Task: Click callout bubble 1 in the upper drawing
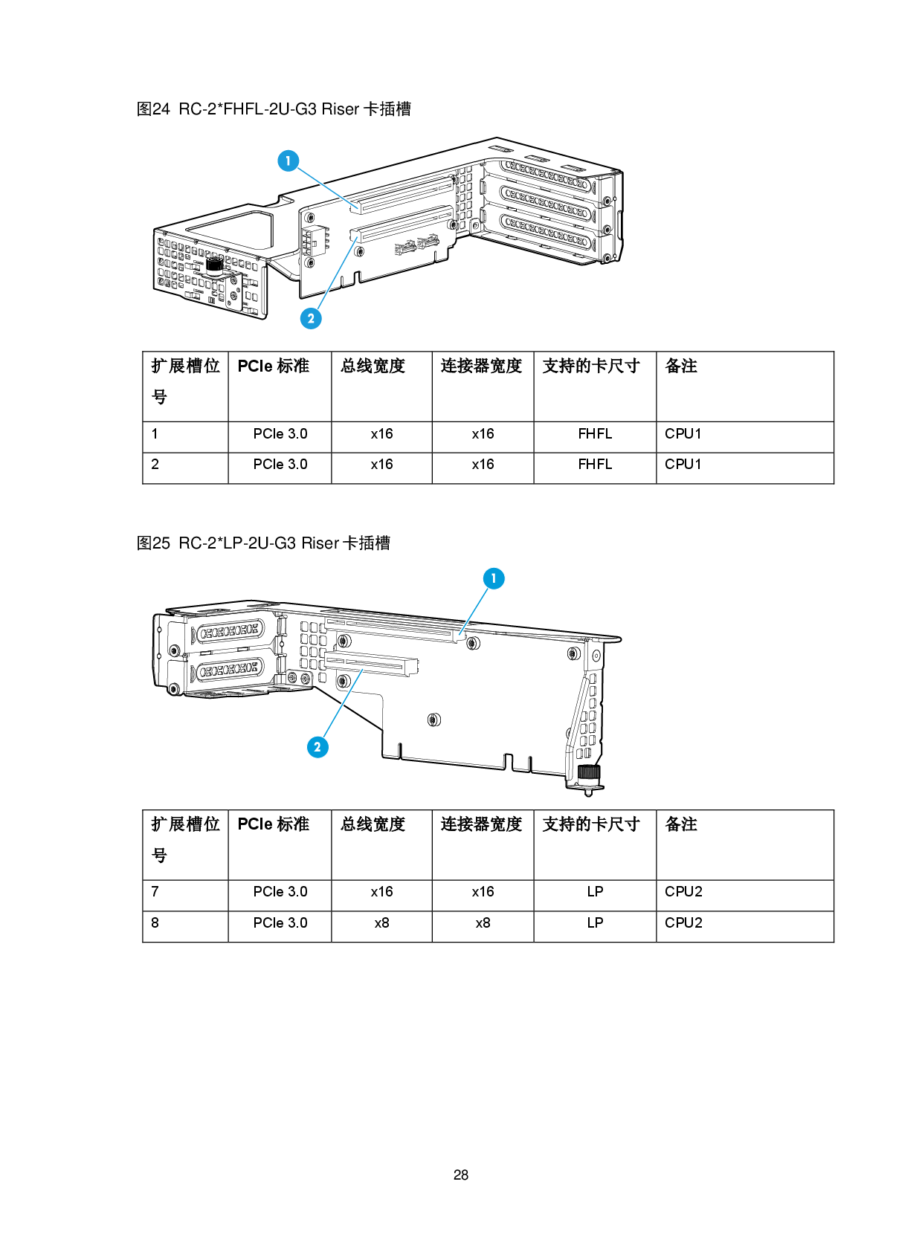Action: [x=288, y=161]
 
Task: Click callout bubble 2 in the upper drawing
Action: [x=311, y=318]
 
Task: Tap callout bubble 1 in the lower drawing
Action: [x=493, y=578]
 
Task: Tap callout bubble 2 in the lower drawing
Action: [x=317, y=746]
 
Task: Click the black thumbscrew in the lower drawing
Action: [x=588, y=773]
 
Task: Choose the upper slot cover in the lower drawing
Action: [x=228, y=633]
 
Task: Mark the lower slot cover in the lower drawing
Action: [x=228, y=671]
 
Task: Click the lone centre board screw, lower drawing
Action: [x=434, y=719]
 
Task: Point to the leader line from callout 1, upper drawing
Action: [x=325, y=181]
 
